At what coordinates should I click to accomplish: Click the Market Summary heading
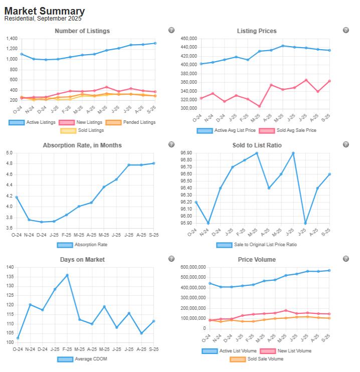click(45, 11)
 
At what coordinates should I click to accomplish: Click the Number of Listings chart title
click(82, 31)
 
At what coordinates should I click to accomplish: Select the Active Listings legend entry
click(32, 122)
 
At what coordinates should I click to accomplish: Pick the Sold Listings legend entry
click(82, 131)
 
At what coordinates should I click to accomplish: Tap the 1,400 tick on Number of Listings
click(12, 39)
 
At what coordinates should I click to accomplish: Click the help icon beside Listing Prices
click(345, 30)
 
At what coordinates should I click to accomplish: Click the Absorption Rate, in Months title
click(82, 145)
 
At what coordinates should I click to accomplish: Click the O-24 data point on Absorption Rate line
click(17, 197)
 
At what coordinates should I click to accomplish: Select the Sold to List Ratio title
click(257, 145)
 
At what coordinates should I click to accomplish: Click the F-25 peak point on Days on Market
click(67, 275)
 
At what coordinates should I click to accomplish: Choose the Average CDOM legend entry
click(82, 359)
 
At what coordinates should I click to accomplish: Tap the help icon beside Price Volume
click(345, 259)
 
